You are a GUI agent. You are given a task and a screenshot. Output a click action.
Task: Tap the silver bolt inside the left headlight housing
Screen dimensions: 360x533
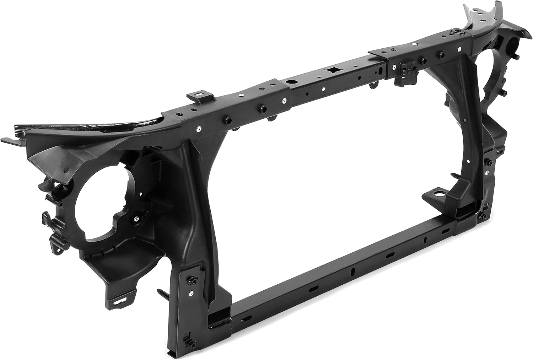(136, 219)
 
